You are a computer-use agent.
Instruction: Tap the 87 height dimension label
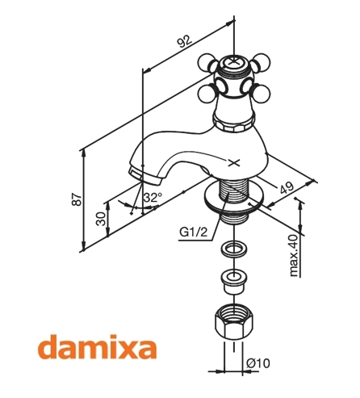click(77, 199)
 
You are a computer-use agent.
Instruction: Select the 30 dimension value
click(101, 218)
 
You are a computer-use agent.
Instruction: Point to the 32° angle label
click(153, 197)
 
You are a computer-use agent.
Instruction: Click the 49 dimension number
click(287, 188)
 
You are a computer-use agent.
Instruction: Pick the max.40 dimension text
click(294, 255)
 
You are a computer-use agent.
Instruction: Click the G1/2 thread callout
click(194, 232)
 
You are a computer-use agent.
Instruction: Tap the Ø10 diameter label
click(258, 363)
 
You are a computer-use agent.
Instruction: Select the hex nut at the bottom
click(234, 322)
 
